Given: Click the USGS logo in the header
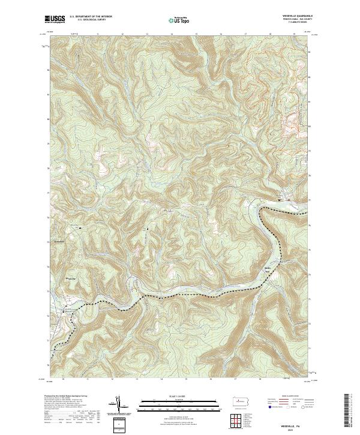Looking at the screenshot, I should tap(55, 19).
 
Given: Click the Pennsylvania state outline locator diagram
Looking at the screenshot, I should tap(242, 400).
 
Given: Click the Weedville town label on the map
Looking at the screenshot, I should tap(71, 279).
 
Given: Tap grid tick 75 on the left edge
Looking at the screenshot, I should tap(49, 242).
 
